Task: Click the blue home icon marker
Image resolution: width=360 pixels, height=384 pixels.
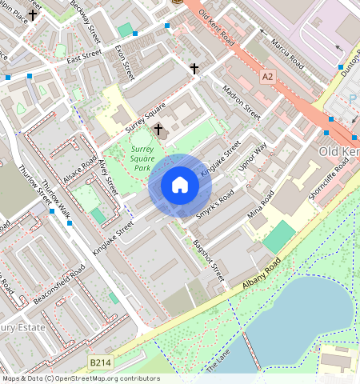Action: [180, 186]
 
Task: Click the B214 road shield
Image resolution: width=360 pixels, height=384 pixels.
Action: [100, 363]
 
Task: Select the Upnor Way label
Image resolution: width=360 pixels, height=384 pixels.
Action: [253, 158]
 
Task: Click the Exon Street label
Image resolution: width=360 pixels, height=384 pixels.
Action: [125, 62]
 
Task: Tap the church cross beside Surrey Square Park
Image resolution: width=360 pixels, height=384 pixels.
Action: [158, 129]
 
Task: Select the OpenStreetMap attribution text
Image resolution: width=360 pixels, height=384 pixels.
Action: [80, 378]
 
